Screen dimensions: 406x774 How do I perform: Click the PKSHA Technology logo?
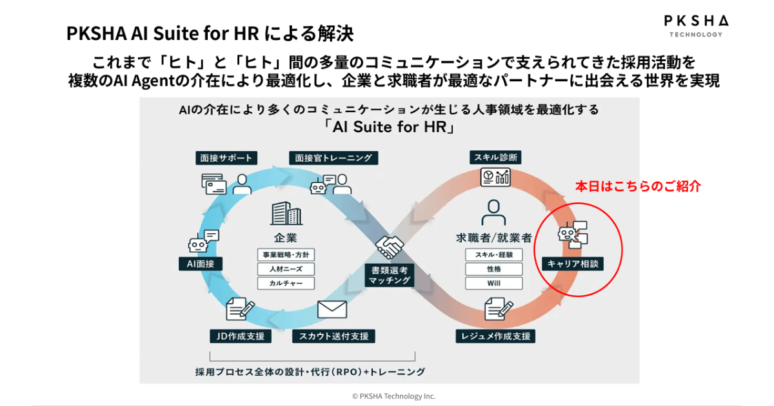point(693,25)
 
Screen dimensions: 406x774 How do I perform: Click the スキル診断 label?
point(495,157)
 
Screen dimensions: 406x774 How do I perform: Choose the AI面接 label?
point(201,263)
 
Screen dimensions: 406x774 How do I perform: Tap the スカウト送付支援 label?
point(333,336)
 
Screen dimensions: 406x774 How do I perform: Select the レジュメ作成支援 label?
point(495,336)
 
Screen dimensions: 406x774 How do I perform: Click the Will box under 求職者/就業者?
point(494,283)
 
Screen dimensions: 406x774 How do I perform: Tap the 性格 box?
point(494,269)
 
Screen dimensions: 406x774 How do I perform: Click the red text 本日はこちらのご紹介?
point(637,186)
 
